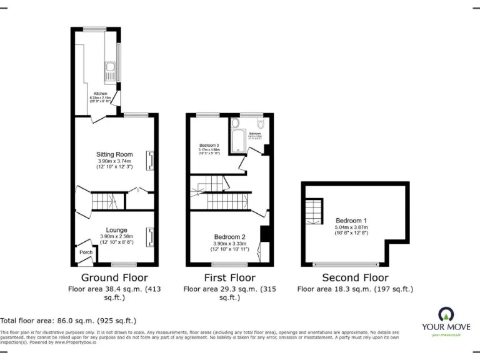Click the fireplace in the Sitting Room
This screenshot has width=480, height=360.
coord(150,161)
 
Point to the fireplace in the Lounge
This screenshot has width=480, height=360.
coord(150,237)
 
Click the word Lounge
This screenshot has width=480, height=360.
coord(116,229)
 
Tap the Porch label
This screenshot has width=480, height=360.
coord(86,252)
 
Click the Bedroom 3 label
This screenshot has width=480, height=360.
coord(209,145)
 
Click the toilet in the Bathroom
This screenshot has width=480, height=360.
coord(261,124)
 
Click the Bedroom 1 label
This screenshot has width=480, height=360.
coord(351,221)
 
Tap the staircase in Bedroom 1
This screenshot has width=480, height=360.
coord(314,211)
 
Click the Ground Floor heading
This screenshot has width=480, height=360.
coord(114,277)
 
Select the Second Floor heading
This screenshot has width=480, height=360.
coord(354,277)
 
